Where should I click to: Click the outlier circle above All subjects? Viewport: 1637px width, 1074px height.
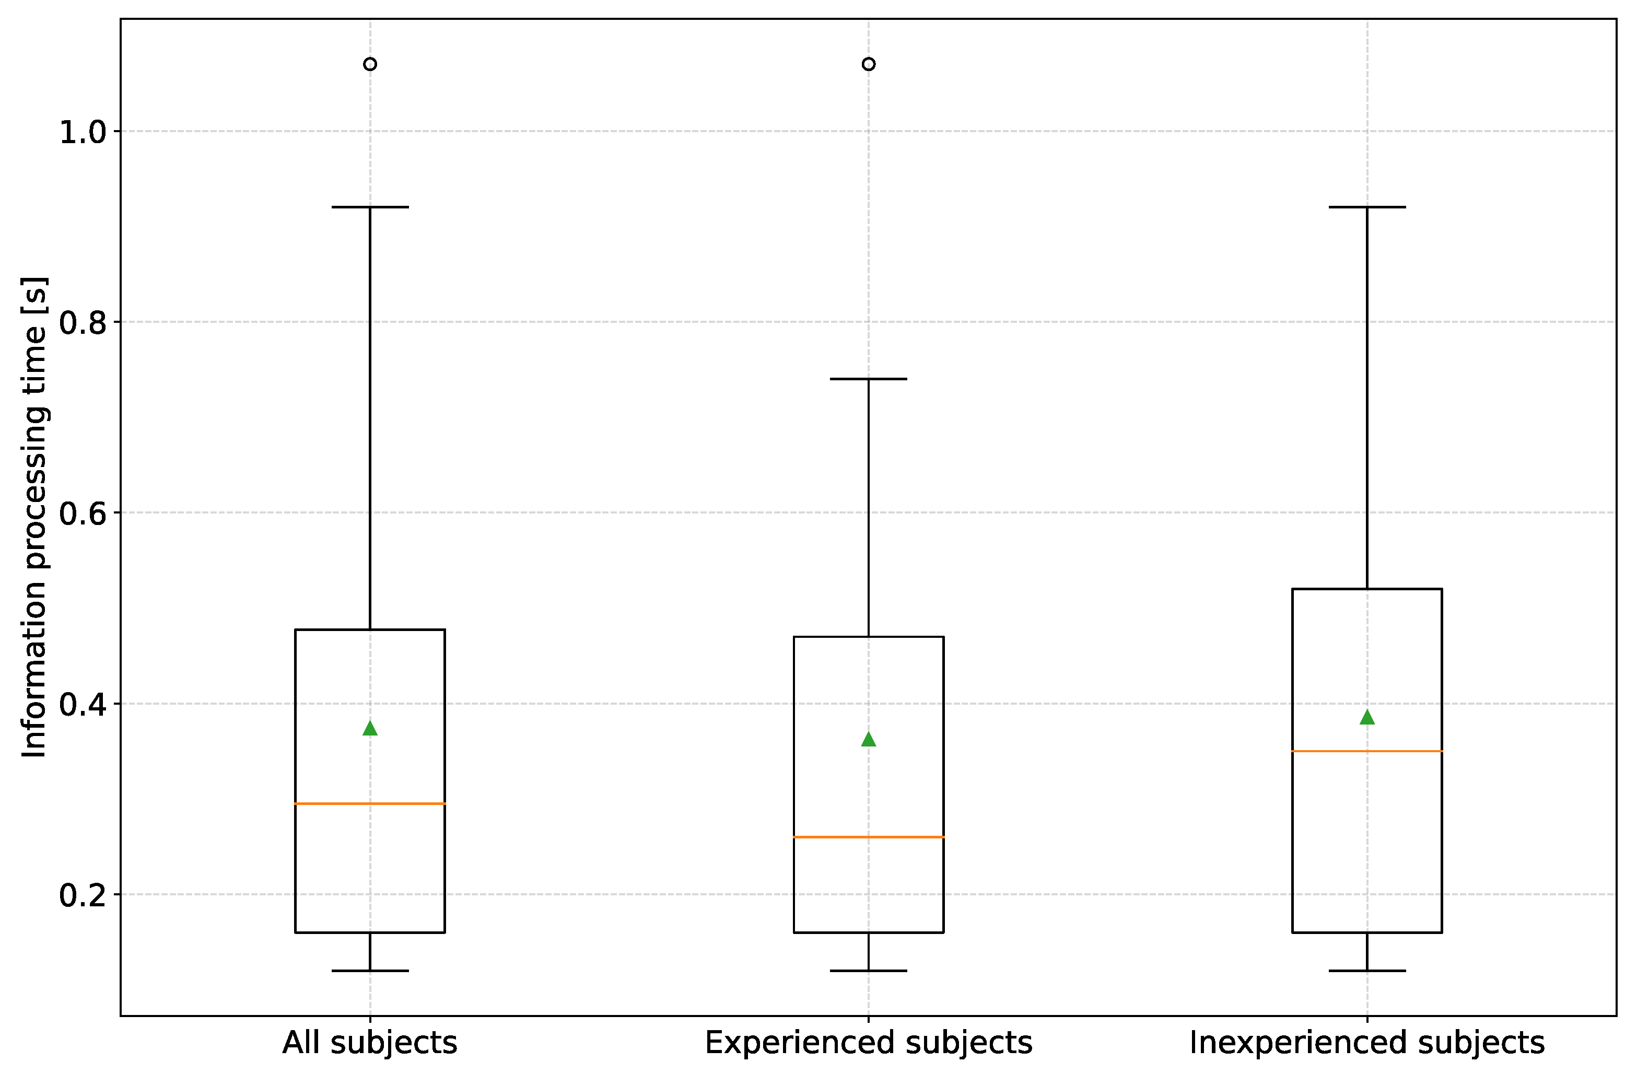(370, 64)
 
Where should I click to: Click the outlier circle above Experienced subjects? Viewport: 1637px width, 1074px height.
(869, 64)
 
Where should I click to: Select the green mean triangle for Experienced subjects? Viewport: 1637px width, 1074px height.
(869, 740)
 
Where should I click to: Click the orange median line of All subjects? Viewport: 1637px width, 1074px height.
(370, 803)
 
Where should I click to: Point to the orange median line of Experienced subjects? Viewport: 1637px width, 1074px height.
(869, 837)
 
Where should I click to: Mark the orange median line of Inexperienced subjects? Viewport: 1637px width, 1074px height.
(1367, 751)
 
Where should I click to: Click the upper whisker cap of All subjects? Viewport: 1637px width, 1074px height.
(370, 207)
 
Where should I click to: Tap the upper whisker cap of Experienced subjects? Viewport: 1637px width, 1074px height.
(869, 379)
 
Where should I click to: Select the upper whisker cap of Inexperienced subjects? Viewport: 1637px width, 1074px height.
(1367, 207)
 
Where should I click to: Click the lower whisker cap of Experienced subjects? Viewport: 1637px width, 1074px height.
(869, 971)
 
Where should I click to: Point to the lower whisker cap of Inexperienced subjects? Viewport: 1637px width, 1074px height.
(1367, 971)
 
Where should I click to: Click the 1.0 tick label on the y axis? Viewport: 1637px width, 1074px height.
(83, 132)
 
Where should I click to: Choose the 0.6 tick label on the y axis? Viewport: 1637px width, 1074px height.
(83, 514)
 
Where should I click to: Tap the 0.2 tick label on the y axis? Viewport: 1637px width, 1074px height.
(83, 896)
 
